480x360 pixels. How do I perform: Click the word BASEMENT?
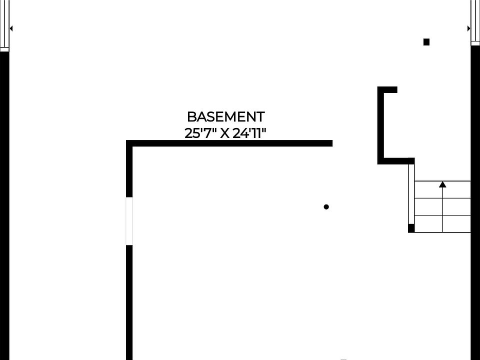coord(225,116)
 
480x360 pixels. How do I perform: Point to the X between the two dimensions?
coord(225,134)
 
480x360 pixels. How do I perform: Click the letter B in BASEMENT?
coord(191,116)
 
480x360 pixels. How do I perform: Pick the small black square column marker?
coord(426,42)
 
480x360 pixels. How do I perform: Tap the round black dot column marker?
coord(326,207)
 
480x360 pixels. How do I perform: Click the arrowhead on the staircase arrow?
coord(442,184)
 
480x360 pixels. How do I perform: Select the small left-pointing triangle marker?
coord(11,28)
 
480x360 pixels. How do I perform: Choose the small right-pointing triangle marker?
coord(468,28)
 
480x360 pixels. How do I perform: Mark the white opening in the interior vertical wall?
coord(129,221)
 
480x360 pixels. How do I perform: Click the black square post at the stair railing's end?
coord(411,228)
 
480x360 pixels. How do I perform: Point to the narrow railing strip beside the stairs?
coord(411,194)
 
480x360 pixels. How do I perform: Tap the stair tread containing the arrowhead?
coord(442,189)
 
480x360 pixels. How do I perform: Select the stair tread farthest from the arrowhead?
coord(442,224)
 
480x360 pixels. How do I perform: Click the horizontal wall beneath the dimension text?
coord(229,143)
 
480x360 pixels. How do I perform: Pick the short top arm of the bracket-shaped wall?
coord(387,89)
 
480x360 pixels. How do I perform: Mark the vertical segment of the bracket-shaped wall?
coord(380,125)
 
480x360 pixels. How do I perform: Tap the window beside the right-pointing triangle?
coord(475,22)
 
